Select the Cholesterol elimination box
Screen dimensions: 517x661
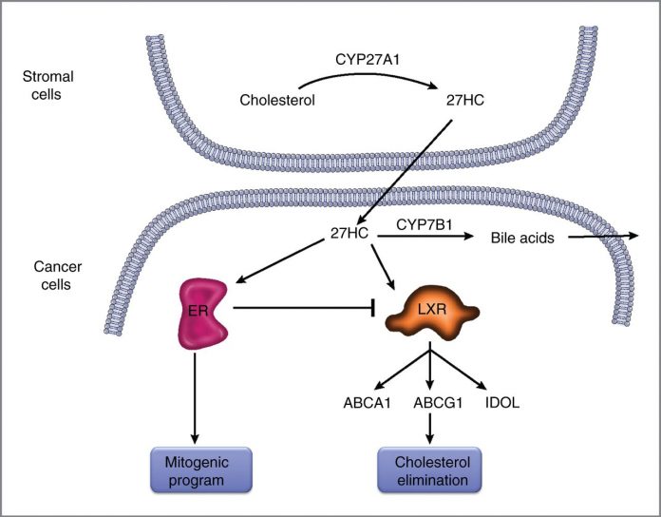coord(429,469)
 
